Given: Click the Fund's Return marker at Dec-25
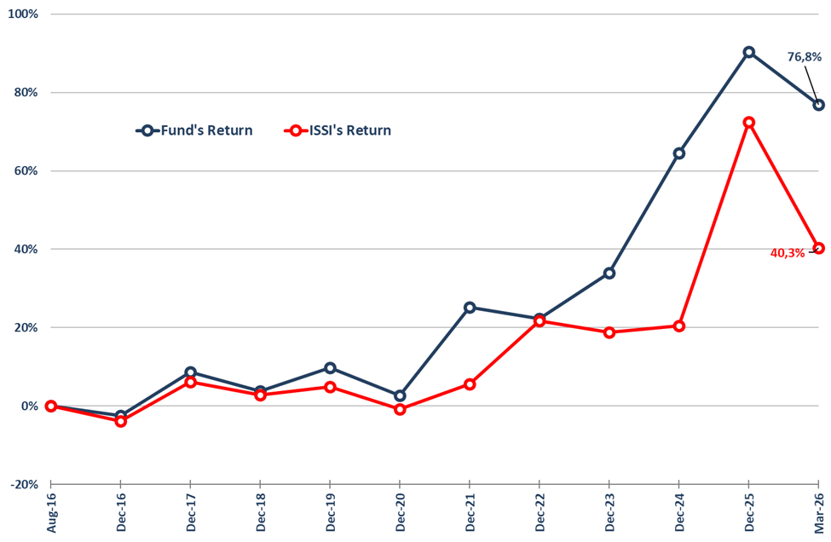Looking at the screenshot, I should (748, 52).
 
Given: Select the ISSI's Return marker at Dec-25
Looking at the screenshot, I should (748, 123).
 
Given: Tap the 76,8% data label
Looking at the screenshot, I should (805, 57).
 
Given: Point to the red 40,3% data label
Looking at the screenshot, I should (788, 253).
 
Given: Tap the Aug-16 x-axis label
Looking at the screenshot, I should (51, 514).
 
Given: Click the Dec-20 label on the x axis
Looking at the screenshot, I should (400, 514).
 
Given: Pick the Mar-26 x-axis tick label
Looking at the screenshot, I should (818, 514).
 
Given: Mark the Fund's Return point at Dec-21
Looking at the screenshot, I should (470, 308).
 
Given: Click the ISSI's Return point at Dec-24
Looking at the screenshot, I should (678, 326).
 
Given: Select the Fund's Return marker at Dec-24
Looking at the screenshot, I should (678, 153).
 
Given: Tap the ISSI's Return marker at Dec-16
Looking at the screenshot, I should (121, 421).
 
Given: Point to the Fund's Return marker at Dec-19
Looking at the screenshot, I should (330, 368).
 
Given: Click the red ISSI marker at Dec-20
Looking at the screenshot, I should (400, 409).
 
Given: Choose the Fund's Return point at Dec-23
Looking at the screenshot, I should (609, 274).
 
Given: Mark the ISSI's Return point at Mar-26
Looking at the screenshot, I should (818, 248).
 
